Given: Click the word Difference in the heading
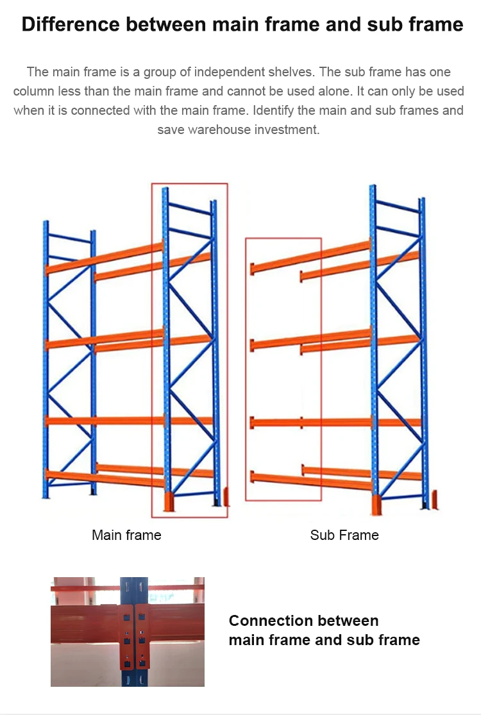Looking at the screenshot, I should [71, 24].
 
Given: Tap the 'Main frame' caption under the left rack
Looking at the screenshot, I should [126, 535].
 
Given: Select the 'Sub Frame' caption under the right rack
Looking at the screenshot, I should [344, 535].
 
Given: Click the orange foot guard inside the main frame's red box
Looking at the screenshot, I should [170, 501].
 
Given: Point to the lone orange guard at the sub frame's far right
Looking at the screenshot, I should [435, 500].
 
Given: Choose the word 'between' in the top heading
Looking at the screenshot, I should [166, 24].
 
